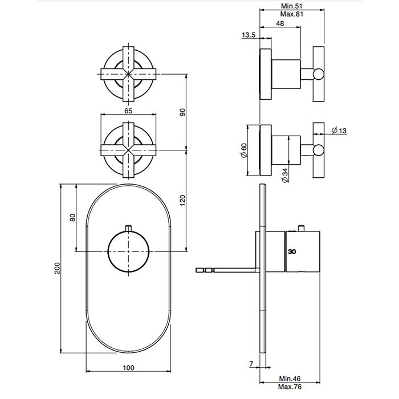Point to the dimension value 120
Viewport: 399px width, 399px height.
tap(182, 200)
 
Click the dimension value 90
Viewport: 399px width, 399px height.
tap(182, 112)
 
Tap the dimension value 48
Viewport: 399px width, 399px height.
tap(280, 23)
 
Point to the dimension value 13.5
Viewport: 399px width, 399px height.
tap(249, 35)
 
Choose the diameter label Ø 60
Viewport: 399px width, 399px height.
tap(244, 150)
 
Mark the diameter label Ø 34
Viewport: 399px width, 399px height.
tap(284, 172)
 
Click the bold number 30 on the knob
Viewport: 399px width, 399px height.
tap(292, 251)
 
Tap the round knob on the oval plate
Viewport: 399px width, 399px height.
tap(129, 251)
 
